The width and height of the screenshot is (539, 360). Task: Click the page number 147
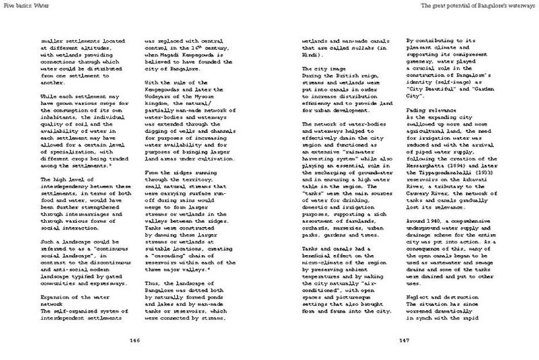pyautogui.click(x=401, y=340)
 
